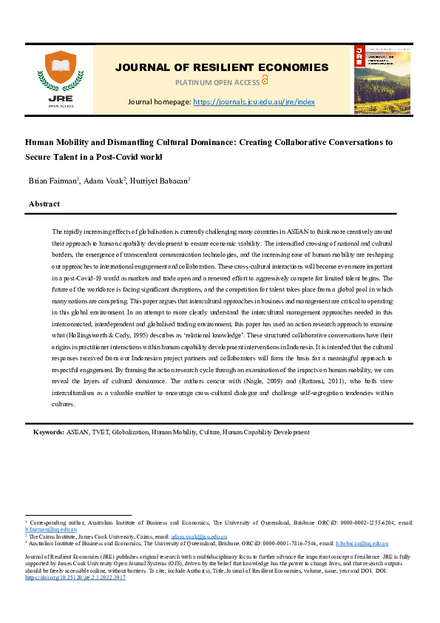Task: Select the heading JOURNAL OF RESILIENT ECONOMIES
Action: coord(221,67)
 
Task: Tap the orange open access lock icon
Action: coord(265,81)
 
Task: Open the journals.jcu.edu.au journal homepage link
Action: coord(254,101)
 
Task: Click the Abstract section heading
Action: coord(44,203)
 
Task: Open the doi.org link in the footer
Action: coord(75,577)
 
